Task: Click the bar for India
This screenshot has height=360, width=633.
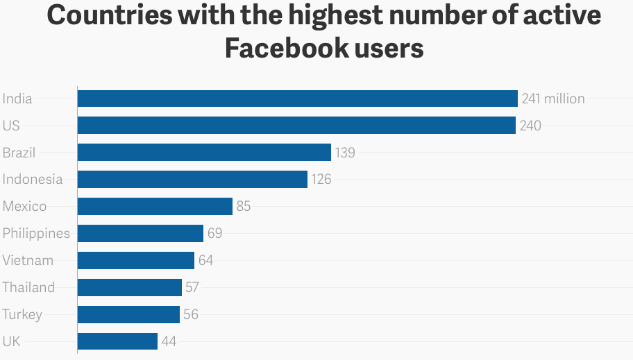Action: (x=297, y=98)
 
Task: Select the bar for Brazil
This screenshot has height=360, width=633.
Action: (x=204, y=153)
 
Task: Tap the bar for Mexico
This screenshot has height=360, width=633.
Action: (x=155, y=206)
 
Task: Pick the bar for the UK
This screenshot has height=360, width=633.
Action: (x=117, y=341)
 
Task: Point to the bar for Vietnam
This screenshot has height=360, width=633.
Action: (x=135, y=260)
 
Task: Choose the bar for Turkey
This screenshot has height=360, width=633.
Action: (x=128, y=314)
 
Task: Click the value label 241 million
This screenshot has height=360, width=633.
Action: (x=553, y=98)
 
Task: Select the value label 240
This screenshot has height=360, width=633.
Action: (x=530, y=126)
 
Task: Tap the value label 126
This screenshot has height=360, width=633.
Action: (x=321, y=180)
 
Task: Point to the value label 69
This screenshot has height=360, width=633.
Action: (x=214, y=233)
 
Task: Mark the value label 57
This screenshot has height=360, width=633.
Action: (x=192, y=287)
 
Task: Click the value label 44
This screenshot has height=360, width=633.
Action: (x=169, y=341)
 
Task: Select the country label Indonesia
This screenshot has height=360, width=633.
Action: (x=33, y=180)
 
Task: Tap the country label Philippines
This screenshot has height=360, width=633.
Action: (x=36, y=233)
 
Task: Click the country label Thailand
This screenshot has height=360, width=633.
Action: (x=28, y=287)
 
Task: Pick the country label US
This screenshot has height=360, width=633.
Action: (x=11, y=126)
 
